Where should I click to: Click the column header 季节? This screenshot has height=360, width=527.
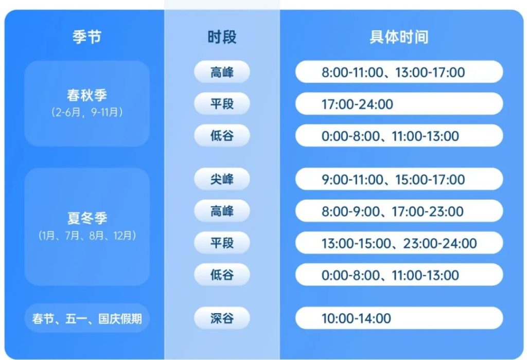click(x=86, y=37)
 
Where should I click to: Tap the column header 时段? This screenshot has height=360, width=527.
click(x=222, y=37)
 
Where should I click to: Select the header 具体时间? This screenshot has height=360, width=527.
click(x=399, y=37)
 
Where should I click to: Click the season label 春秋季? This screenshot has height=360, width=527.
click(x=86, y=95)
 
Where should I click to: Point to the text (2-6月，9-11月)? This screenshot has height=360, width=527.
click(x=86, y=112)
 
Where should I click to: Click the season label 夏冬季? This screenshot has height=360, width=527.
click(x=86, y=218)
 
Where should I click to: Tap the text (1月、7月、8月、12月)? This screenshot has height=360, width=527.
click(x=86, y=236)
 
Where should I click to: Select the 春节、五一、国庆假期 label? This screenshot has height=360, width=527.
click(x=86, y=318)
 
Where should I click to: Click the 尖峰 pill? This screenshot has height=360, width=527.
click(x=222, y=179)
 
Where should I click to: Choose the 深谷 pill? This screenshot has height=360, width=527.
click(x=222, y=318)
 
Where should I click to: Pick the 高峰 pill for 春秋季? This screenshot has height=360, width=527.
click(x=222, y=72)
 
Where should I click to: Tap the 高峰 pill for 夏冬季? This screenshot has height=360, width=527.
click(x=222, y=211)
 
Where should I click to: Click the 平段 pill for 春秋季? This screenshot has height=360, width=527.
click(x=222, y=104)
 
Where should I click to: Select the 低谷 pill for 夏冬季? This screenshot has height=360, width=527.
click(x=222, y=275)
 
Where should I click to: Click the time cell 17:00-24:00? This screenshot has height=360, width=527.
click(x=399, y=104)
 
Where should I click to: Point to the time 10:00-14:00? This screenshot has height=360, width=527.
click(x=399, y=318)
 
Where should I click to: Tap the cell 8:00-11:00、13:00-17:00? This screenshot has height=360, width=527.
click(x=399, y=72)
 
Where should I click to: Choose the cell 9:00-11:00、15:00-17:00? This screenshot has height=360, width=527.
click(x=399, y=179)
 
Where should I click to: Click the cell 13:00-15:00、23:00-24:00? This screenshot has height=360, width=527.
click(x=399, y=243)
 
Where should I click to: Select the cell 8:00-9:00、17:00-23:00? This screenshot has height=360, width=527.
click(x=399, y=211)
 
